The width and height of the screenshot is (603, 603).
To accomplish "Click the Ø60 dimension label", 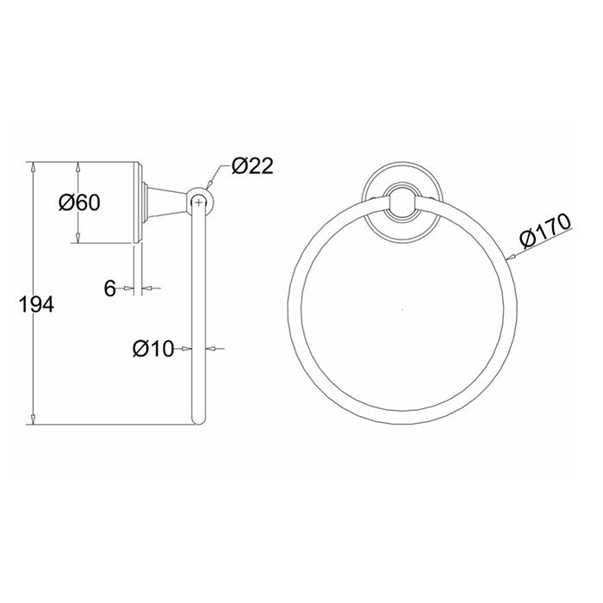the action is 79,202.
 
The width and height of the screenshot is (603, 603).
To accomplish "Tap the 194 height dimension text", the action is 36,305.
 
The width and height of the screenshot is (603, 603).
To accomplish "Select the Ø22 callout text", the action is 252,166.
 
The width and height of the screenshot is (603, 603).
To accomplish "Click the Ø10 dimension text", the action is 153,349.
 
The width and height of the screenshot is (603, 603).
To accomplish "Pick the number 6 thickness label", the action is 110,288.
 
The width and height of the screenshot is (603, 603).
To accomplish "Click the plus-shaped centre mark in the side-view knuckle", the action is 198,202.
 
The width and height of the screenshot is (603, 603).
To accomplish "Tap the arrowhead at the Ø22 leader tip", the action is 208,184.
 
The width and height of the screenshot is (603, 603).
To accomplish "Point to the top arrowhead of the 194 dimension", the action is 34,167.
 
